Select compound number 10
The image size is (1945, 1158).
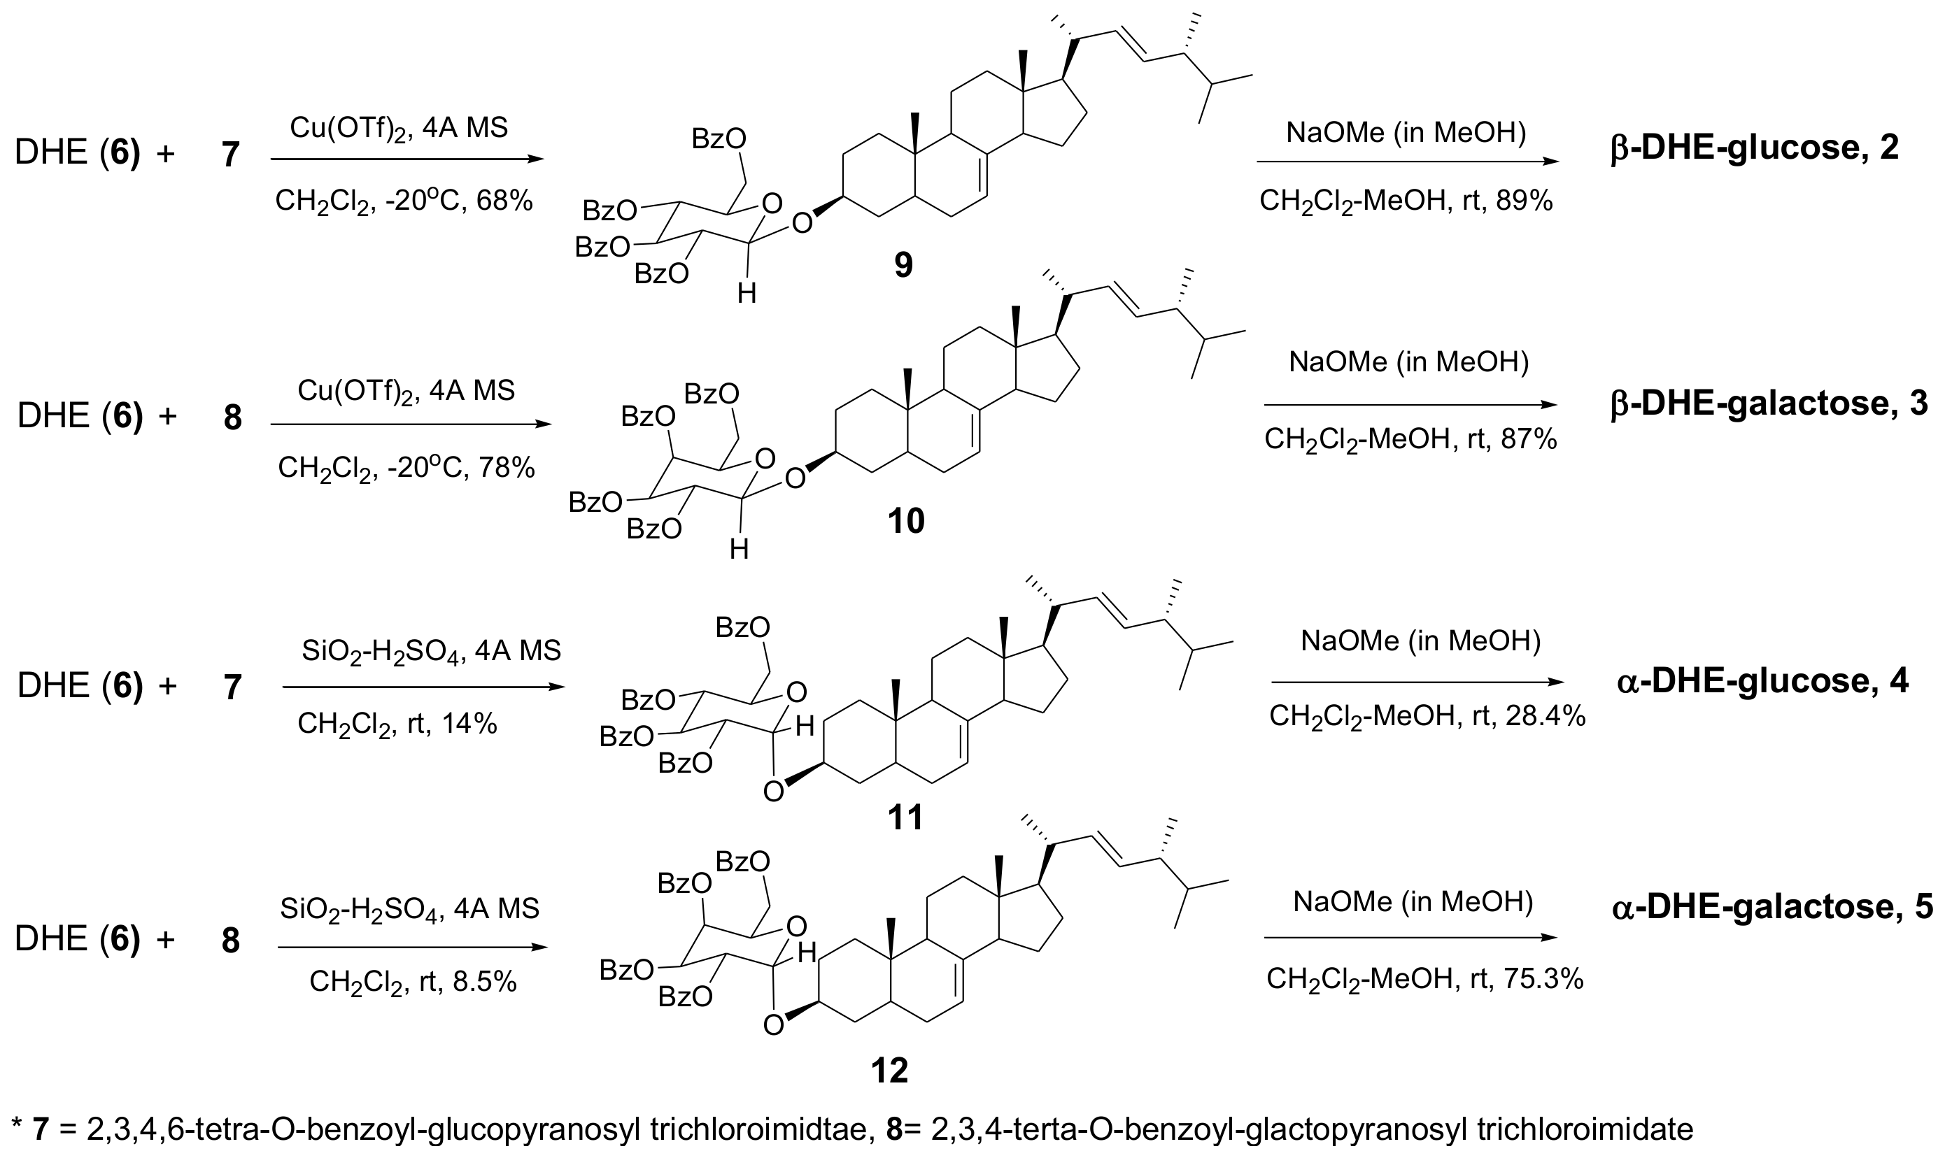click(905, 521)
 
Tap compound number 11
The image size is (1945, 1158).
click(905, 817)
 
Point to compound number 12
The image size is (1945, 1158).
click(890, 1071)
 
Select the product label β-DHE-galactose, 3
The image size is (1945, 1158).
click(1769, 403)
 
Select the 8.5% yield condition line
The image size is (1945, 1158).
click(413, 981)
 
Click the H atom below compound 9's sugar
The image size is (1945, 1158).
click(747, 294)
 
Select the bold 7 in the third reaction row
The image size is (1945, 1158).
click(232, 688)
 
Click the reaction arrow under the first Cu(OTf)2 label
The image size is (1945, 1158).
click(406, 159)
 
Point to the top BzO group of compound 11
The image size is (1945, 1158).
click(742, 627)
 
